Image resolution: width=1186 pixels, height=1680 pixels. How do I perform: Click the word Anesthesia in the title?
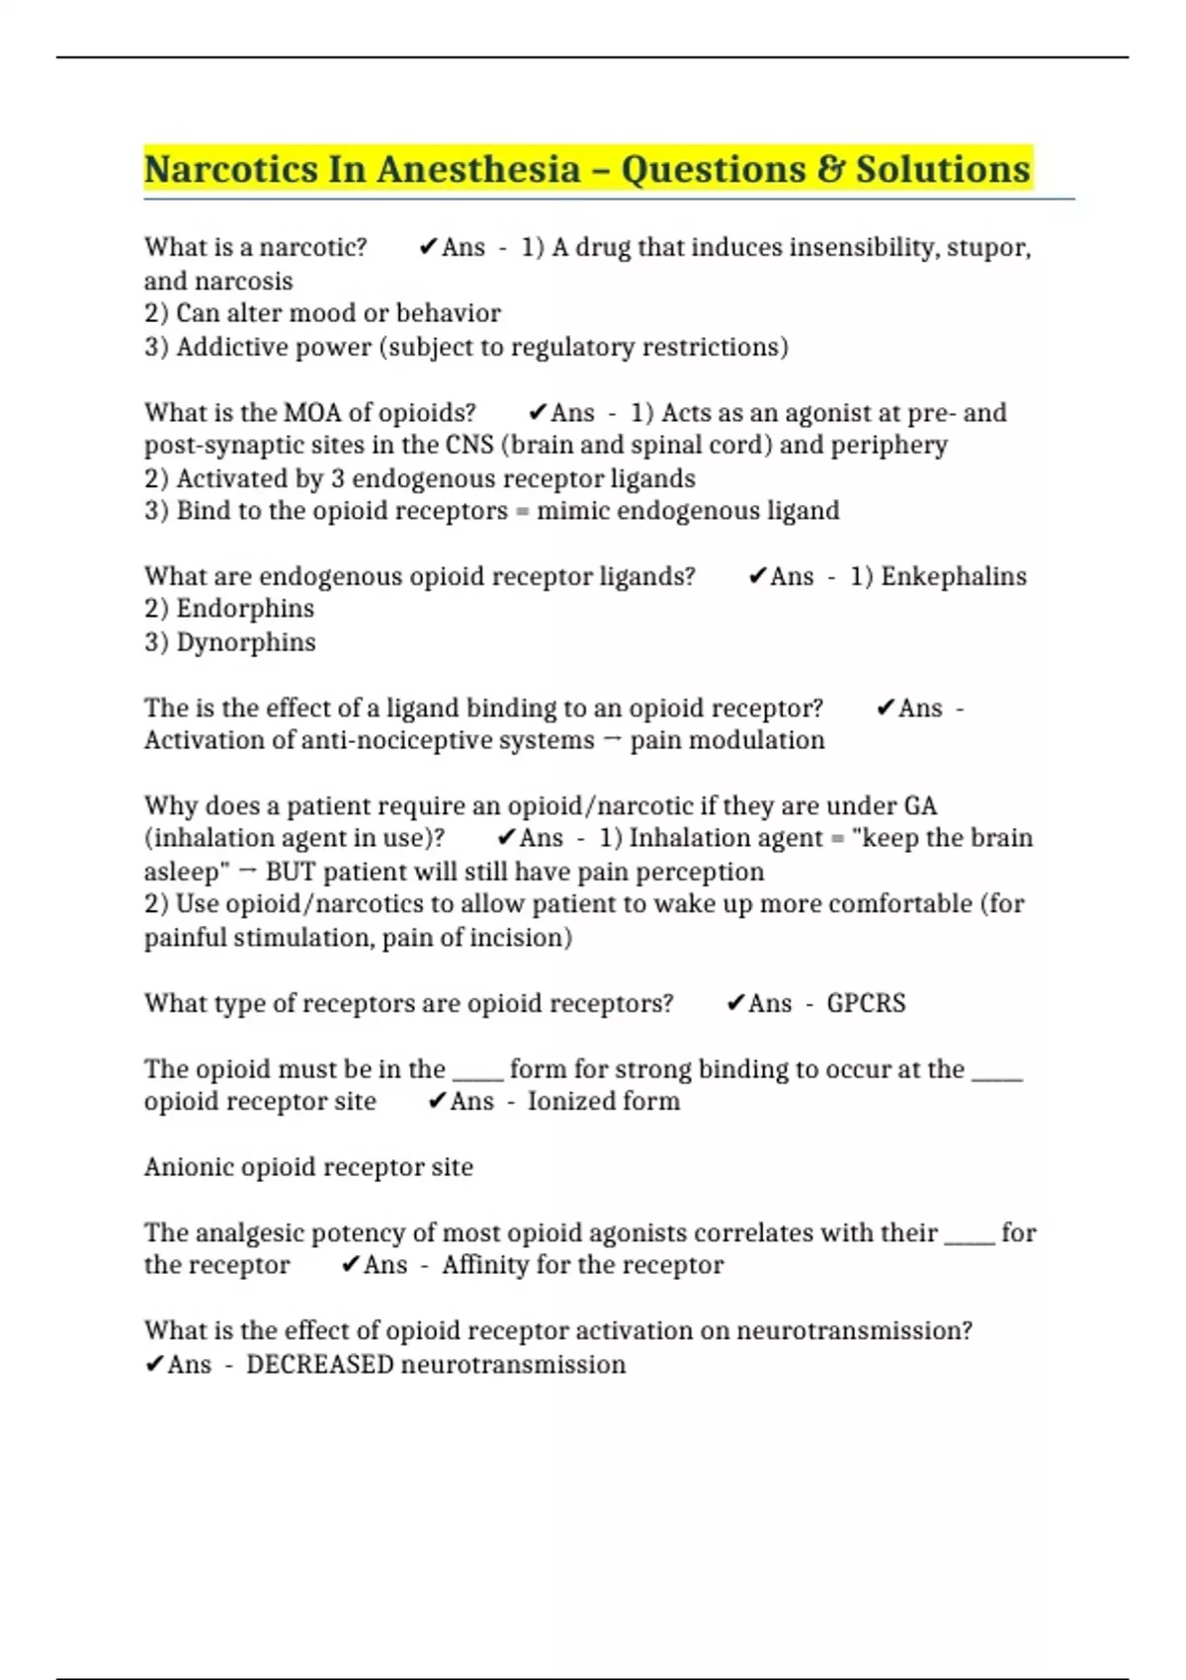[x=478, y=170]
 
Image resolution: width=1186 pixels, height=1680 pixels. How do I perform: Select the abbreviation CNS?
[x=469, y=445]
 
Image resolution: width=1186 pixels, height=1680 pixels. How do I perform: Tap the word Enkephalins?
[x=953, y=576]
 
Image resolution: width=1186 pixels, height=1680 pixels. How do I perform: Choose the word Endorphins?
[x=245, y=609]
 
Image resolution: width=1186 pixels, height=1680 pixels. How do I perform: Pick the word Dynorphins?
[x=246, y=642]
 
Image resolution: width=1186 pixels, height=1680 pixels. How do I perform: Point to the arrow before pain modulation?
[x=612, y=740]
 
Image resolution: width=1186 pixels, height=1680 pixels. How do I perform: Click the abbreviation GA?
[x=920, y=805]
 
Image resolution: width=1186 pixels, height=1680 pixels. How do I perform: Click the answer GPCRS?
[x=866, y=1003]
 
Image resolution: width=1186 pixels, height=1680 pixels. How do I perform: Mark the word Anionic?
[x=189, y=1167]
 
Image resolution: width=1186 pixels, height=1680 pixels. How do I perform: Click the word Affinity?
[x=484, y=1265]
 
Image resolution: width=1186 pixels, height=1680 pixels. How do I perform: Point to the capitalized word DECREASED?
[x=320, y=1365]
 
